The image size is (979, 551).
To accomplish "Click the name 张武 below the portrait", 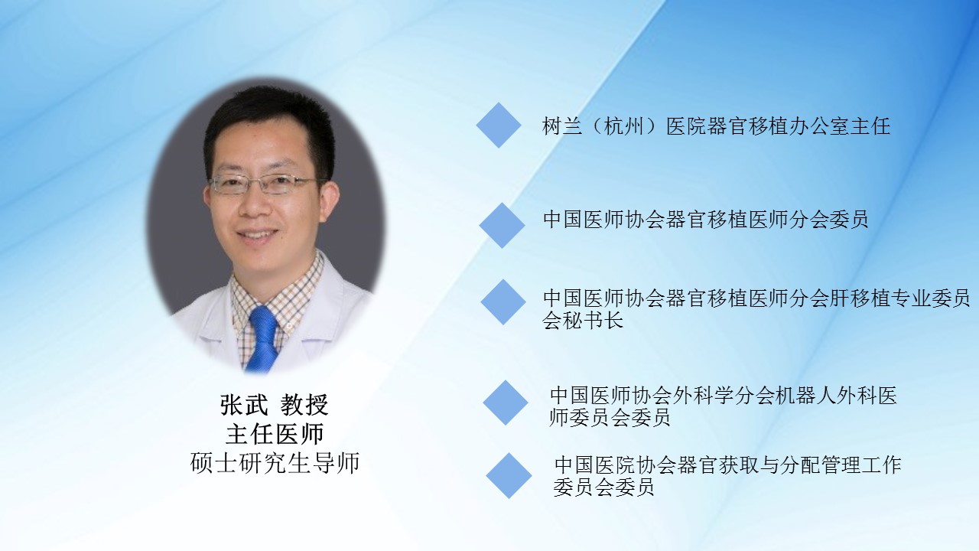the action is point(244,405).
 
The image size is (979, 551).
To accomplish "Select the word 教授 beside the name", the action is point(304,405).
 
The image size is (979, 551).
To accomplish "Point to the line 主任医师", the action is point(275,434).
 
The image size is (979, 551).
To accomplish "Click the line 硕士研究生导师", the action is point(275,463).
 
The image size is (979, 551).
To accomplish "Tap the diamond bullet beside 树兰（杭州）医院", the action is point(499,125).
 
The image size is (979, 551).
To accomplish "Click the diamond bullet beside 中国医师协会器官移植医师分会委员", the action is point(502,225).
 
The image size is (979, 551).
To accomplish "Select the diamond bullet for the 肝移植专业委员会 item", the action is point(503,302).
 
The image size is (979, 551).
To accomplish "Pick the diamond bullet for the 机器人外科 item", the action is point(506,403).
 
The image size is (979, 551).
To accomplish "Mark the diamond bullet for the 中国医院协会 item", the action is point(509,476).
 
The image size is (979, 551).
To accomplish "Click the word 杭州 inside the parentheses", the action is point(623,126).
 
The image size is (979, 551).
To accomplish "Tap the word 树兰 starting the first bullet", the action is point(562,126).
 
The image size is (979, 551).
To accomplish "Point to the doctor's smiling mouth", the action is point(258,235).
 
